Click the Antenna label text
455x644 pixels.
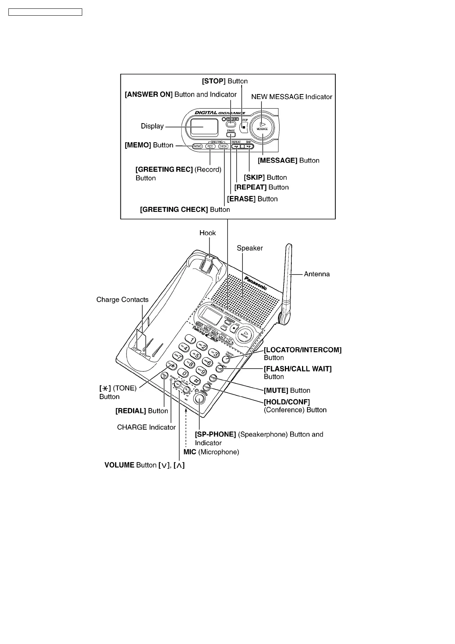pos(317,274)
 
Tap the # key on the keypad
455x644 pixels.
pos(195,381)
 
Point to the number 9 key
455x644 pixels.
pos(201,371)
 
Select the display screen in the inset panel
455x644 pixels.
pos(204,126)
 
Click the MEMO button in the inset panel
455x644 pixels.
pos(197,146)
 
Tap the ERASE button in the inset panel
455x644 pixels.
pos(231,135)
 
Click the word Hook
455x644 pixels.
pos(208,233)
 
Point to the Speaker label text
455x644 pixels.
pos(250,248)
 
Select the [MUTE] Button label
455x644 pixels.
pos(287,390)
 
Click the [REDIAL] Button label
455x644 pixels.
pos(141,411)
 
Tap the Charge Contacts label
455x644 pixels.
pos(122,300)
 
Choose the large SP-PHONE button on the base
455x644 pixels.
pos(199,398)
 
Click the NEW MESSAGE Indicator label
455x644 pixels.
pos(291,97)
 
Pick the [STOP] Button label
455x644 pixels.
pos(225,81)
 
